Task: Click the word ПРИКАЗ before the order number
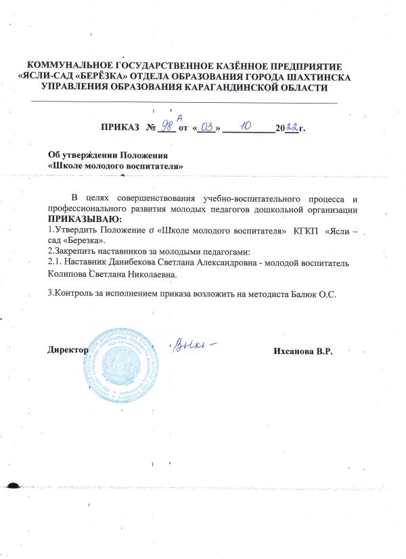pyautogui.click(x=120, y=127)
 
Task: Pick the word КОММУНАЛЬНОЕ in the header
pyautogui.click(x=70, y=66)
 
